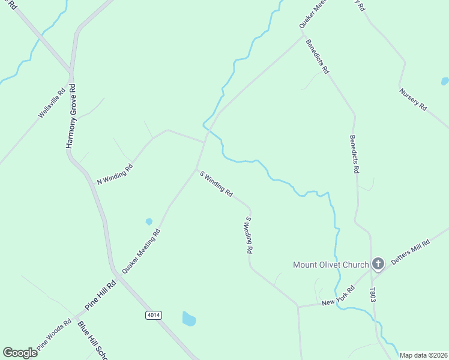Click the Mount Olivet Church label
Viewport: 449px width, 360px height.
[x=331, y=265]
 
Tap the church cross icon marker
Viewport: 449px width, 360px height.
[x=378, y=264]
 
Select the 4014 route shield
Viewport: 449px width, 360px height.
[x=154, y=314]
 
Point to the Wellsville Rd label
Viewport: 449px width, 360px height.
[x=52, y=103]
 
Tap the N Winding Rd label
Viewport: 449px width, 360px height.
[x=115, y=172]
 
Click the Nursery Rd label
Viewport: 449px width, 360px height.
[x=413, y=100]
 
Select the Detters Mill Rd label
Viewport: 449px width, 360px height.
[x=411, y=253]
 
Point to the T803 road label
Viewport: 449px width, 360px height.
[x=373, y=294]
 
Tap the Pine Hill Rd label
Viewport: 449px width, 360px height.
[x=100, y=296]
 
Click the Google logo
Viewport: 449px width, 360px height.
[x=20, y=353]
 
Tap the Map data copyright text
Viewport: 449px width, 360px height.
[x=423, y=355]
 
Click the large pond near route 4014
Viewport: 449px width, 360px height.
[x=189, y=319]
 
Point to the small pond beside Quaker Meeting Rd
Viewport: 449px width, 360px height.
[x=149, y=221]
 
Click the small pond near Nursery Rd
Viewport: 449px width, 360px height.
[x=445, y=81]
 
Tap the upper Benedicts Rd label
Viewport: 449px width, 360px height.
[x=317, y=57]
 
